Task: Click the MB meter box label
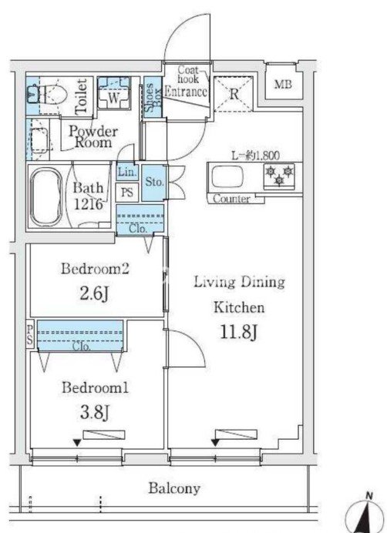click(x=283, y=84)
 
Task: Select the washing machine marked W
click(x=113, y=92)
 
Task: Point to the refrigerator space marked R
click(x=234, y=94)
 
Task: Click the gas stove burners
click(x=279, y=175)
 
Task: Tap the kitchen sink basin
click(x=227, y=176)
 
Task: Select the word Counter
click(x=231, y=199)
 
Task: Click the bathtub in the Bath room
click(x=46, y=198)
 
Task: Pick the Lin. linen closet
click(x=127, y=173)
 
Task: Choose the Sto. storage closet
click(x=154, y=183)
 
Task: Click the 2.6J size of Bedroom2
click(x=94, y=293)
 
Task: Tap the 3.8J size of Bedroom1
click(x=94, y=412)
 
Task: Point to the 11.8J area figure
click(x=238, y=332)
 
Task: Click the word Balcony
click(x=174, y=489)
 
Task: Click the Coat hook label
click(x=188, y=75)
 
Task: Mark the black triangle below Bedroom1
click(x=77, y=443)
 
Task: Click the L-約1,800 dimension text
click(x=255, y=156)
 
